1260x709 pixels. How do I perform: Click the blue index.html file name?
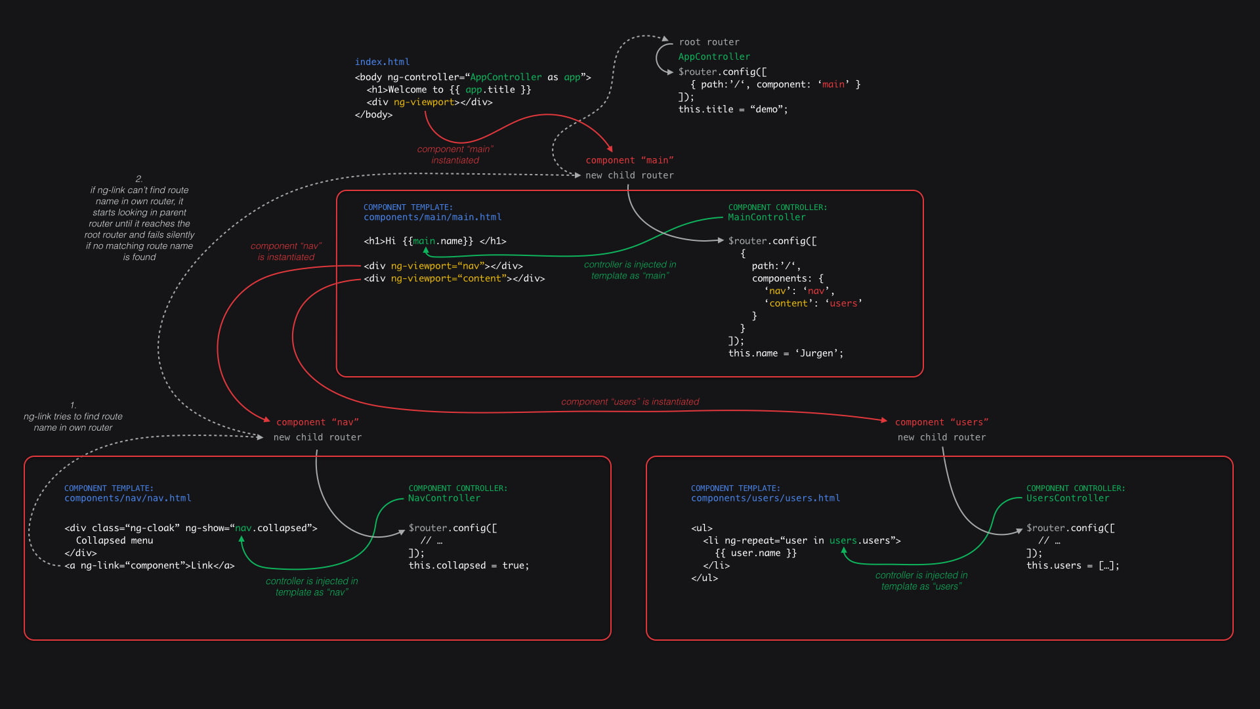382,62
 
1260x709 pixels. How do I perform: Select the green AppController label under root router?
713,57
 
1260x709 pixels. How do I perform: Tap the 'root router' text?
709,42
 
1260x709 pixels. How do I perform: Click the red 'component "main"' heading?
629,160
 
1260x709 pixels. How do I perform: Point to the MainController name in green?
766,217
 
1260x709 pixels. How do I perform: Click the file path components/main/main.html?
432,217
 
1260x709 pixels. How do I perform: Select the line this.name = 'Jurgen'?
785,353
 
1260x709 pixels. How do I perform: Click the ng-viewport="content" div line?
454,278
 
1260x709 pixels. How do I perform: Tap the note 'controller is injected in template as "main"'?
629,270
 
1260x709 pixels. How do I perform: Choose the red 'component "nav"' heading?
317,422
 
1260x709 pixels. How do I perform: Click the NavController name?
444,498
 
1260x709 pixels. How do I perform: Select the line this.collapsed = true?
469,565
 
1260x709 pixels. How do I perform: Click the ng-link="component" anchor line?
149,565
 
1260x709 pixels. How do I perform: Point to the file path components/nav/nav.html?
127,498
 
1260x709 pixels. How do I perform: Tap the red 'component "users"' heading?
941,422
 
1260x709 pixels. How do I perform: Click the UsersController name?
1067,498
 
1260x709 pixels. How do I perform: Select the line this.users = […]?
1072,565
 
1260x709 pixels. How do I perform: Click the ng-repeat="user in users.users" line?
801,540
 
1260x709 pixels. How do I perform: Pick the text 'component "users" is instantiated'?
629,402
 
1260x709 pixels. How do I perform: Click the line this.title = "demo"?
732,110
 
